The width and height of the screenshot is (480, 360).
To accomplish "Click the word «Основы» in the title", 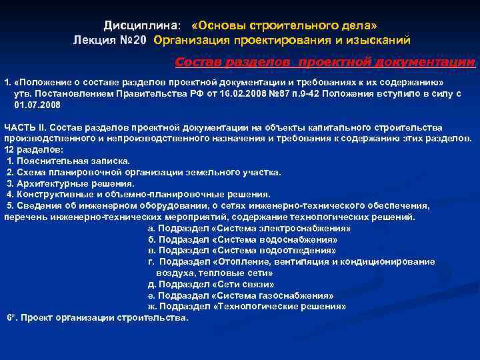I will click(218, 26).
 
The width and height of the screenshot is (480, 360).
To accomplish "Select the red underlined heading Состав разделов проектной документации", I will click(325, 62).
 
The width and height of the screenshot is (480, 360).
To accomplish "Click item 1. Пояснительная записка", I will click(69, 161).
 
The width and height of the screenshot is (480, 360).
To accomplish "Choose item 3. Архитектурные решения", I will click(71, 183).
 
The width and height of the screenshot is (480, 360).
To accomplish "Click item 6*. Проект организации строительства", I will click(99, 317).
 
